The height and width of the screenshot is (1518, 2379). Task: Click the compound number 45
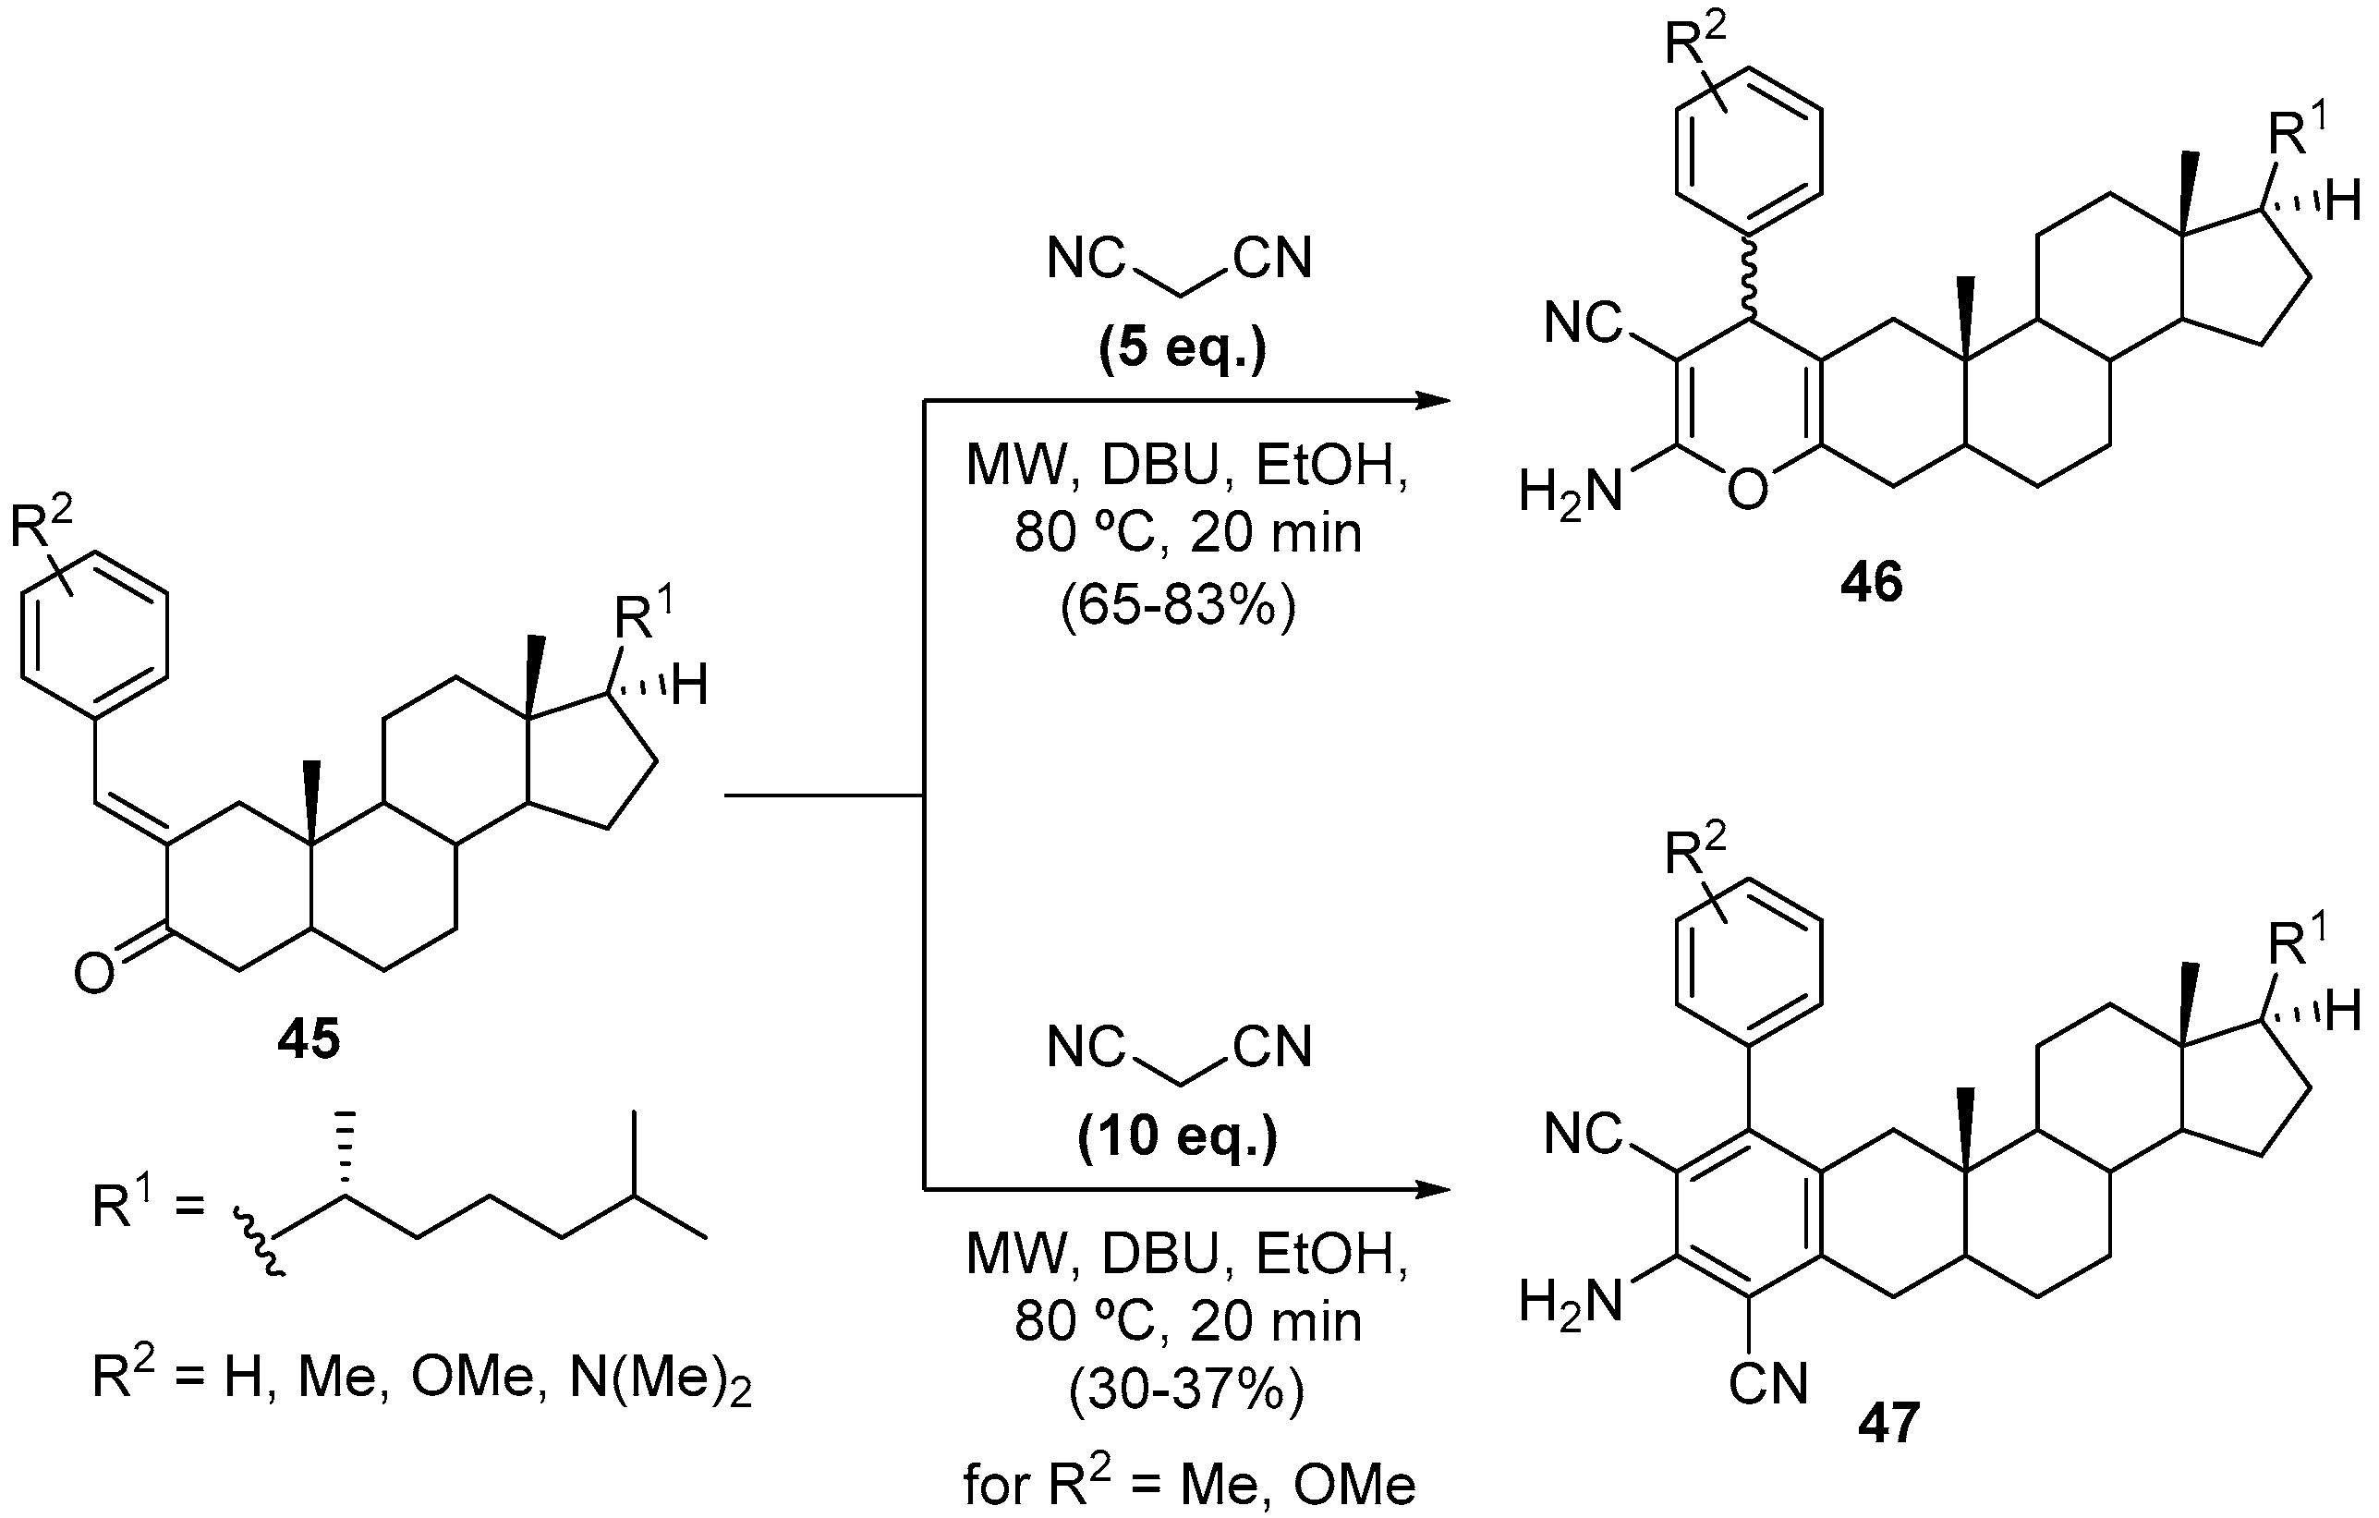(309, 1040)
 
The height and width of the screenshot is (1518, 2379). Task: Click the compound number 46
(1870, 583)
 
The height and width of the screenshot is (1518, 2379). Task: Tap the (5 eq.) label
(1182, 349)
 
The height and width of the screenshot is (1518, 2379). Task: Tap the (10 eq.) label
(1178, 1137)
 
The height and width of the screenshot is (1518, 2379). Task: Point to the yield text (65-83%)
(1178, 606)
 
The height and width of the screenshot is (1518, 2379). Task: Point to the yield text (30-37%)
(1185, 1391)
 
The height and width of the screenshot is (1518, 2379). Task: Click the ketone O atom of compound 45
(94, 976)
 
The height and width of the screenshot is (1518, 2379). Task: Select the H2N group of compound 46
(1571, 492)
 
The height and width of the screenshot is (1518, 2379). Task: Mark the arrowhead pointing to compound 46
(1433, 401)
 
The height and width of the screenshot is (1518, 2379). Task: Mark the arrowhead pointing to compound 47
(1433, 1189)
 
